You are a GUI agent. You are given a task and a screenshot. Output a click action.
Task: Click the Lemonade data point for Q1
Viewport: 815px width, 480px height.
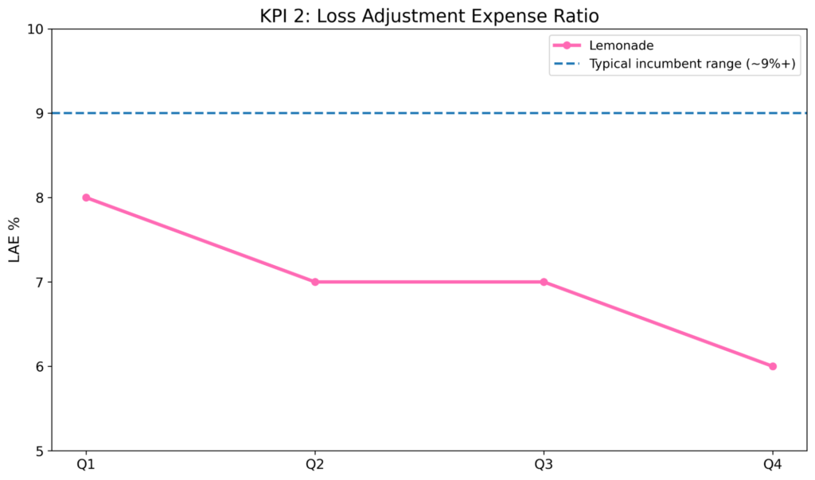tap(86, 197)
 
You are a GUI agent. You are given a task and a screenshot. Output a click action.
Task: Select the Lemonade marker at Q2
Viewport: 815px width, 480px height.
tap(315, 282)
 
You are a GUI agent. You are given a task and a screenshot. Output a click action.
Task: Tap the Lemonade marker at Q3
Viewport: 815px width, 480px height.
tap(544, 282)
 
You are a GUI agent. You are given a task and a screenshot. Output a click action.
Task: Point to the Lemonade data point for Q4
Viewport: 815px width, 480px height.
tap(772, 366)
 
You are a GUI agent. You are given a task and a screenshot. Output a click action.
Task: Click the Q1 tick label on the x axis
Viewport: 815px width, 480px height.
tap(86, 465)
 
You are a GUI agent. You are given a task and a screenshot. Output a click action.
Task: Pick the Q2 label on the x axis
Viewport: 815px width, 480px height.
tap(315, 465)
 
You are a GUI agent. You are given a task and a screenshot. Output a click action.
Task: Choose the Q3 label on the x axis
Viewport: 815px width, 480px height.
tap(544, 465)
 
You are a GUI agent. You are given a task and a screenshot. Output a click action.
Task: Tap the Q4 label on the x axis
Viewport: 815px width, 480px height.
tap(772, 465)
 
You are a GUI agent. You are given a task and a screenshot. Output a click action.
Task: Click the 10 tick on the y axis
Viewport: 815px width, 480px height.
tap(35, 29)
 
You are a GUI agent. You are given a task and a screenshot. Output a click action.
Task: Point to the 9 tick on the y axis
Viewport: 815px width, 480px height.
tap(39, 114)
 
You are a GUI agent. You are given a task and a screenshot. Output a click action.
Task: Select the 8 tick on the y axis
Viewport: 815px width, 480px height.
tap(39, 198)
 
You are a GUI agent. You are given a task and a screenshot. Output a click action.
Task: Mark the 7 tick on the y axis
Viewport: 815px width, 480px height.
tap(39, 283)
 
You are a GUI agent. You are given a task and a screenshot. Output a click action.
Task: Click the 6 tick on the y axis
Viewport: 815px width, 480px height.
tap(39, 367)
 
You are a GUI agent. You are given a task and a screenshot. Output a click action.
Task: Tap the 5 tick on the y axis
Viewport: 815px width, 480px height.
tap(39, 451)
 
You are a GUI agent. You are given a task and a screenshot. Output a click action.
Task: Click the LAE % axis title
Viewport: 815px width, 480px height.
tap(15, 240)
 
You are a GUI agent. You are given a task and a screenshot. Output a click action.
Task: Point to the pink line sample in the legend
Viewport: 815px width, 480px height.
tap(567, 45)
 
